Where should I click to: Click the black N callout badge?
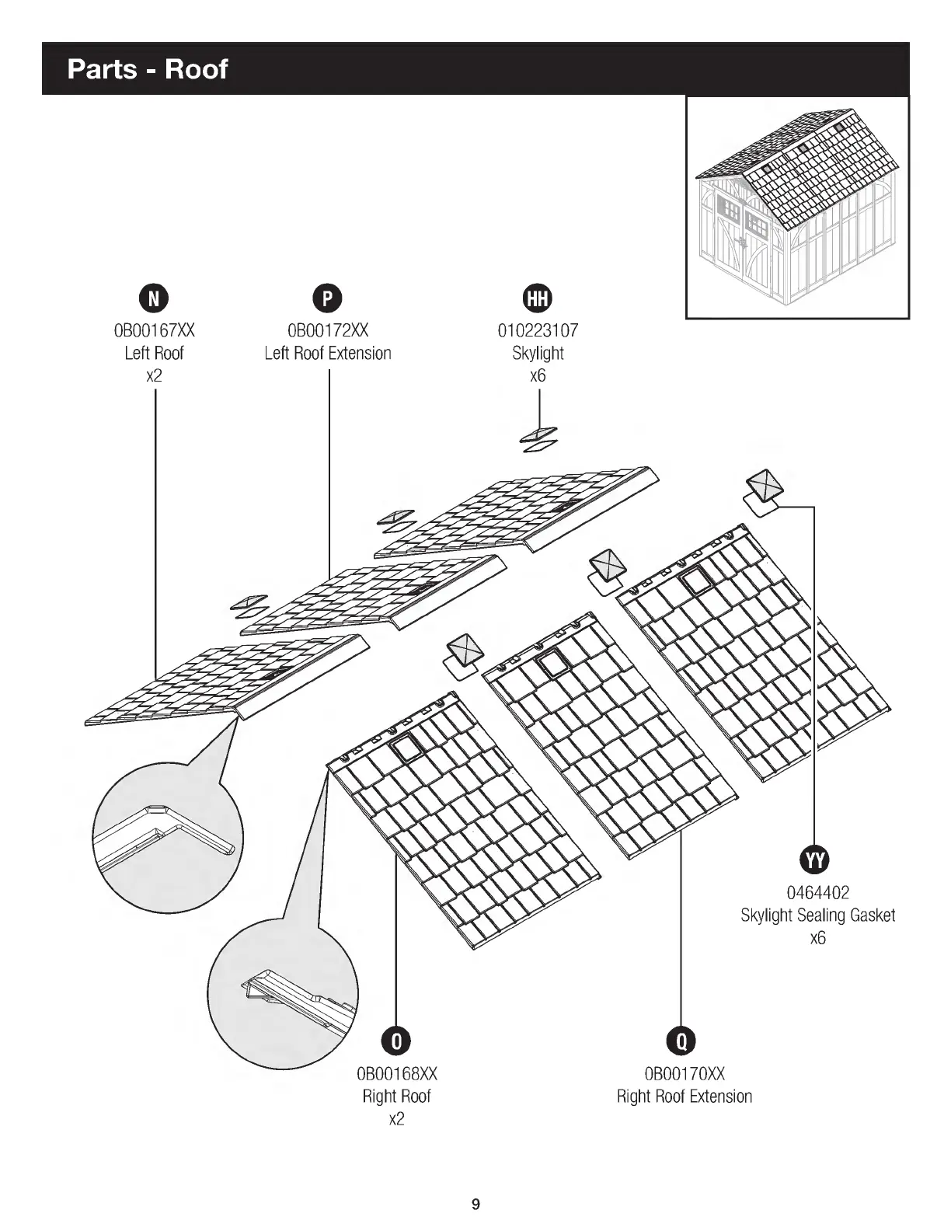154,298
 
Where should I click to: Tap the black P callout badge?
327,298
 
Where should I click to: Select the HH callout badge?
538,298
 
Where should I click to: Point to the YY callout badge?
815,860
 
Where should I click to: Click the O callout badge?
396,1041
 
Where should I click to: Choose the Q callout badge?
681,1041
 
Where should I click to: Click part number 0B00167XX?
154,330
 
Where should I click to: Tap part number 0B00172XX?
327,330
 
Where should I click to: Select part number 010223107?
538,330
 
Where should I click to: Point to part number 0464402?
817,893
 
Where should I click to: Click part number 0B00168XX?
396,1074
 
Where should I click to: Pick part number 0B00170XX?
684,1074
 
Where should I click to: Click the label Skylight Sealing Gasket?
817,915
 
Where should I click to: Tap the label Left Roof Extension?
327,354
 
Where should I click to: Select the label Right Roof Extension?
684,1097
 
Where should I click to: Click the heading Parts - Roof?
148,69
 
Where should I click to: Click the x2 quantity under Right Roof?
396,1119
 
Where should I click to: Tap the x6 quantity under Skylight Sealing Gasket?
817,938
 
